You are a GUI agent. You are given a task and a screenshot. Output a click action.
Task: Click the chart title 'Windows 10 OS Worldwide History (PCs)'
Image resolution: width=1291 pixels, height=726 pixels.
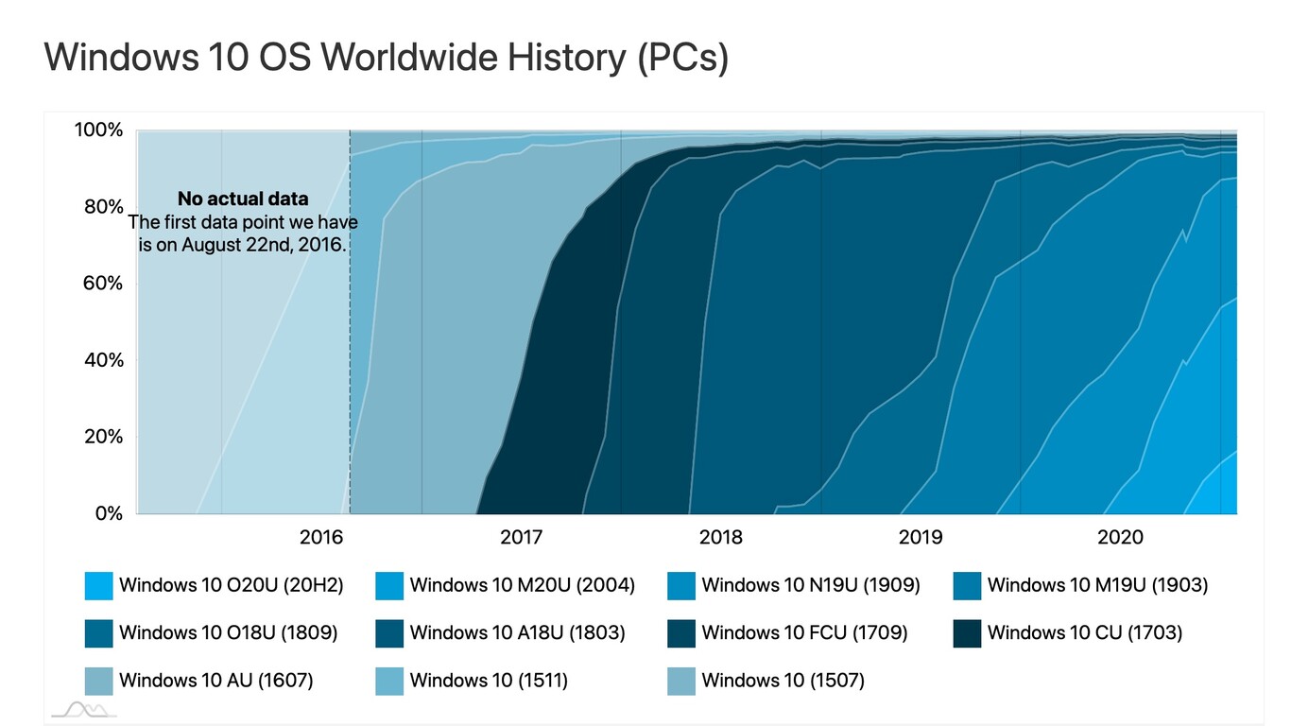click(x=386, y=58)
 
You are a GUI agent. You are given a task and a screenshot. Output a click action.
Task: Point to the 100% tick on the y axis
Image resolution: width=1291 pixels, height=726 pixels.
click(x=99, y=130)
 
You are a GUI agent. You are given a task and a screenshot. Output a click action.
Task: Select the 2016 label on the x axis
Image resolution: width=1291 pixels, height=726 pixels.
click(x=320, y=538)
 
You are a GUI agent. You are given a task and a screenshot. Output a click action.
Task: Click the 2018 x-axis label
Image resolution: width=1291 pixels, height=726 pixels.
click(x=720, y=538)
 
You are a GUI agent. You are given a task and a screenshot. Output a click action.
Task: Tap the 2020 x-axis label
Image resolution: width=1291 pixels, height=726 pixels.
click(x=1120, y=538)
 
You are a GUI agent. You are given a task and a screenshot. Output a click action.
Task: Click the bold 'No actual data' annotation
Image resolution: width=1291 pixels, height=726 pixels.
click(x=243, y=199)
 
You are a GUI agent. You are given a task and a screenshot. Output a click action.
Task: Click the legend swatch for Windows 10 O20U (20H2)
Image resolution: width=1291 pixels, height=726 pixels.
click(x=98, y=586)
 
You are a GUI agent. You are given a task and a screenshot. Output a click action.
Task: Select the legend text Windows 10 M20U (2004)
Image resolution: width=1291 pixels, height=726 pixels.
click(x=522, y=586)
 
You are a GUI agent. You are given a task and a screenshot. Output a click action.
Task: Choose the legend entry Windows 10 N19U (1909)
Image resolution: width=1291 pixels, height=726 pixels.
click(x=810, y=586)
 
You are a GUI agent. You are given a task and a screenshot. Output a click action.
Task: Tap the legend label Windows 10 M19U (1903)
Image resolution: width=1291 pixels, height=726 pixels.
click(x=1097, y=586)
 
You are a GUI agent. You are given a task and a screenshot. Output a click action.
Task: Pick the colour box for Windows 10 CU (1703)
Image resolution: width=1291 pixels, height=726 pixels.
click(x=968, y=633)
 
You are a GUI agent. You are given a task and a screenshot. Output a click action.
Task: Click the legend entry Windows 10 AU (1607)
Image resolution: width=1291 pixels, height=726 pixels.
click(x=215, y=681)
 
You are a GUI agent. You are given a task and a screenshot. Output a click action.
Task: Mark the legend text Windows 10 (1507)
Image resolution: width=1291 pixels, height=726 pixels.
click(x=783, y=681)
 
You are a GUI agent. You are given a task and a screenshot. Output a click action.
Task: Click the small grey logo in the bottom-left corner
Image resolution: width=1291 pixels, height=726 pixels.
click(x=83, y=709)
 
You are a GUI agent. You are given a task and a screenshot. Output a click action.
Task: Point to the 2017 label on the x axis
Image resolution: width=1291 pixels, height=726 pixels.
click(x=521, y=538)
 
